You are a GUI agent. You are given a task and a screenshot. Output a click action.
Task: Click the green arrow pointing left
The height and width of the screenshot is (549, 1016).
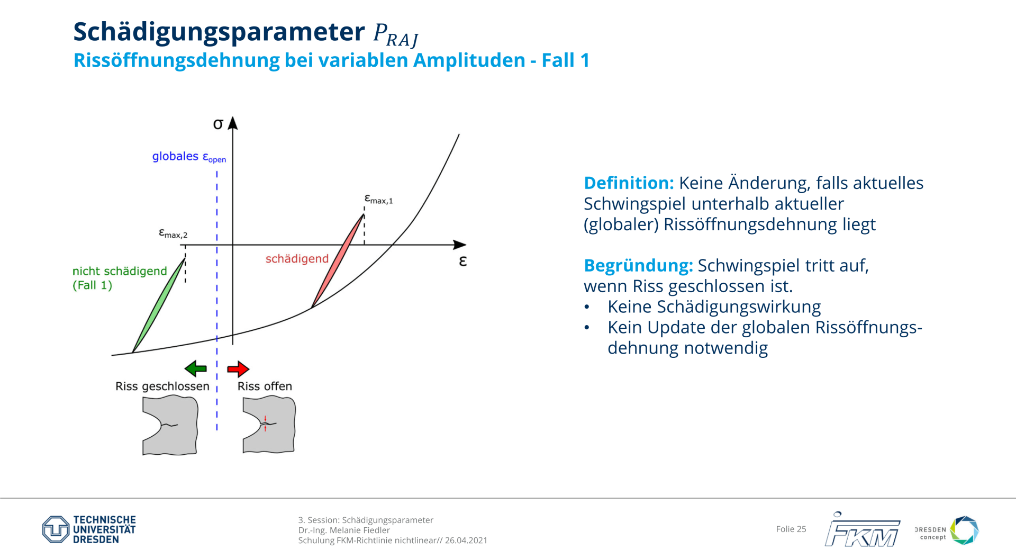click(195, 368)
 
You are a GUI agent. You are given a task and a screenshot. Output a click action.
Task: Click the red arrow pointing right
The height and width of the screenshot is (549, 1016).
click(238, 368)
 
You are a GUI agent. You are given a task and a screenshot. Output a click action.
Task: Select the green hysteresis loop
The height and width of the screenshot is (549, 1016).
click(158, 305)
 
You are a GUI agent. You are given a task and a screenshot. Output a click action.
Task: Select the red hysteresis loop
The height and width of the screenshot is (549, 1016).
click(338, 260)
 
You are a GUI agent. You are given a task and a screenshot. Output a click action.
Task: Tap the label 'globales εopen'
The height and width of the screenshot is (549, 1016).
click(189, 157)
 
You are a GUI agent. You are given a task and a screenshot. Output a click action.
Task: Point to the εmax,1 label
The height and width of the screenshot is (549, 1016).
click(378, 199)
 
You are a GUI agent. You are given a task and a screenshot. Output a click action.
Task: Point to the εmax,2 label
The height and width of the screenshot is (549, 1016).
click(173, 233)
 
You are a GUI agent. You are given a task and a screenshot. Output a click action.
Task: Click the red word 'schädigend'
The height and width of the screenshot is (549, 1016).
click(297, 259)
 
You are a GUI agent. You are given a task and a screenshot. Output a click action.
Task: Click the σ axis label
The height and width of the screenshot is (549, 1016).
click(218, 124)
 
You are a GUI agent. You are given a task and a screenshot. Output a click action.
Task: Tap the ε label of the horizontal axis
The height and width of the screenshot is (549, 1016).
click(463, 261)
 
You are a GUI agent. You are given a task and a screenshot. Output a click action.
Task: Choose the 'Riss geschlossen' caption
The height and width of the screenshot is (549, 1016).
click(162, 386)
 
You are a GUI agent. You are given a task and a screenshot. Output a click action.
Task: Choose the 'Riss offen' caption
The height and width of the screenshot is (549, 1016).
click(265, 386)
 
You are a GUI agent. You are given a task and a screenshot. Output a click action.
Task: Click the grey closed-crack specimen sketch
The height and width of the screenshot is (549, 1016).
click(170, 426)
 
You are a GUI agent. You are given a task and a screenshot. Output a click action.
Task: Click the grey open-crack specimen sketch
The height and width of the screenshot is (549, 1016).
click(269, 425)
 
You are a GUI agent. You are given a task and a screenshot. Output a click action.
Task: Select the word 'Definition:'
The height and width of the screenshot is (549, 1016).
click(629, 183)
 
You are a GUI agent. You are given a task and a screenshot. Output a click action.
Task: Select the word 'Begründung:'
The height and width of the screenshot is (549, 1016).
click(638, 266)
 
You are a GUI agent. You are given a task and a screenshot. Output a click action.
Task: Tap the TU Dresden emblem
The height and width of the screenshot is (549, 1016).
click(56, 529)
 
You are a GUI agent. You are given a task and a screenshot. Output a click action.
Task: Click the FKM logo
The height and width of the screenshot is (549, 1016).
click(863, 529)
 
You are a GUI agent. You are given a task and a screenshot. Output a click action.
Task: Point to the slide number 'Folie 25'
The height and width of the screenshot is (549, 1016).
click(791, 529)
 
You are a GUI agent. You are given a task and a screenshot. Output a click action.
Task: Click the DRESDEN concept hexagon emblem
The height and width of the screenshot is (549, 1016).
click(964, 530)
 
